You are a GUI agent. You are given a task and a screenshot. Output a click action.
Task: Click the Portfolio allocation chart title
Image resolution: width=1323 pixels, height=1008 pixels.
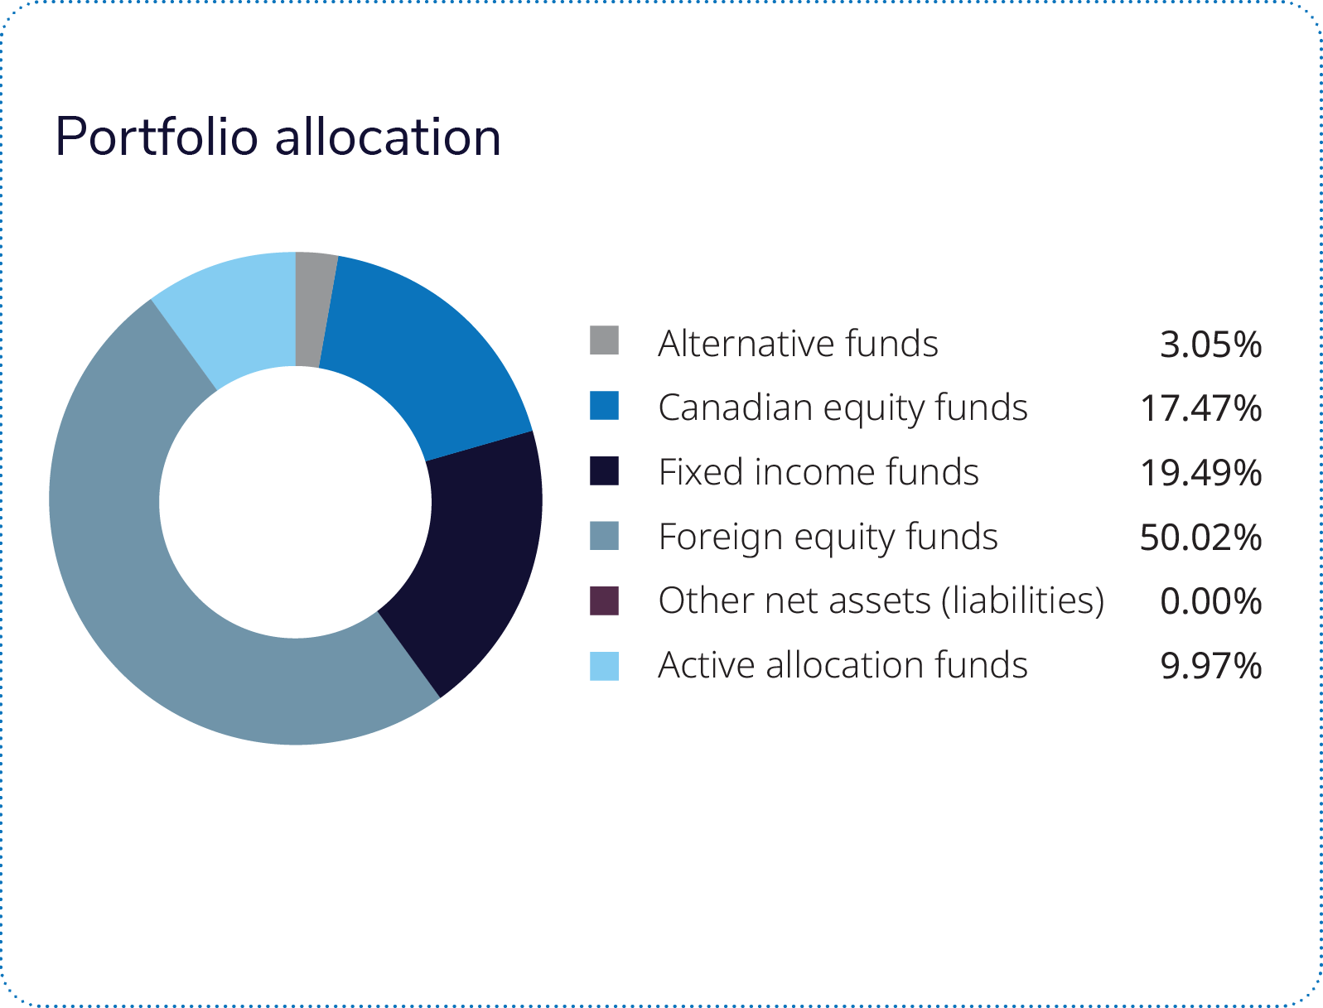[278, 137]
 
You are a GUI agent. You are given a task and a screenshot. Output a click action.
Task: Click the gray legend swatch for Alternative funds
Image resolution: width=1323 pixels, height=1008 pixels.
[604, 340]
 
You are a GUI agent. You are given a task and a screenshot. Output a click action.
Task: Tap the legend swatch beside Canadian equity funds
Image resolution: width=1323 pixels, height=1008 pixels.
[604, 406]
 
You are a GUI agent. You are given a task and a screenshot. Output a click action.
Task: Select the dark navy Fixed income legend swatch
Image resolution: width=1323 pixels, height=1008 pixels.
[604, 470]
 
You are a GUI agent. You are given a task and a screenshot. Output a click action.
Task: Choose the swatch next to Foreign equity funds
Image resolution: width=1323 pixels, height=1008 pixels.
[604, 535]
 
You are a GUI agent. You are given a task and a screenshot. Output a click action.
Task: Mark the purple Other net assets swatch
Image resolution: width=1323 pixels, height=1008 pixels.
[604, 600]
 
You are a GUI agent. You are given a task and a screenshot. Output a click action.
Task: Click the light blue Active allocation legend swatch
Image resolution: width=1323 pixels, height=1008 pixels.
[604, 665]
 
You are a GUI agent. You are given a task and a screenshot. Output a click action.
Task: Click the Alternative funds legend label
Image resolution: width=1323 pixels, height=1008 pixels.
[798, 343]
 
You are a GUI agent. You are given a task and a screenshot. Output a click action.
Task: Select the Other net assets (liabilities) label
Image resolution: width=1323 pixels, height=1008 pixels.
[881, 600]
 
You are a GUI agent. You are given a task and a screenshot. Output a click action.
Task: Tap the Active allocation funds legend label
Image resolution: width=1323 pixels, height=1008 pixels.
[843, 665]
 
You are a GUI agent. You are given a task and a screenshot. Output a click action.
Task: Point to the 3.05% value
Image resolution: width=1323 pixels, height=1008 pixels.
[1210, 344]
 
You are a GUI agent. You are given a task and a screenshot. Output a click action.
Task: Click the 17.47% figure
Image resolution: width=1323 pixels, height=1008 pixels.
[1200, 408]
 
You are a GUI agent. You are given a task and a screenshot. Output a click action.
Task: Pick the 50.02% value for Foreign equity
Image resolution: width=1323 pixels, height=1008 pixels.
[1200, 538]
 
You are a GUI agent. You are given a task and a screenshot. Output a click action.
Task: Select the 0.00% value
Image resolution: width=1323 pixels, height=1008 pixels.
[1210, 601]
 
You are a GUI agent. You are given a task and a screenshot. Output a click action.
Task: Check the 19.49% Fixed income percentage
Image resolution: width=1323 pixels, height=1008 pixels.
[1200, 473]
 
